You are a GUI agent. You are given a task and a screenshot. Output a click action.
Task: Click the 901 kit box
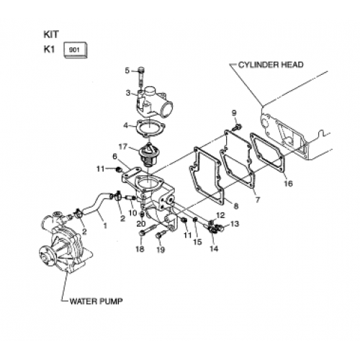75,50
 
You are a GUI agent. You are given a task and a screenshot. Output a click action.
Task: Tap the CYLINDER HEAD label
271,65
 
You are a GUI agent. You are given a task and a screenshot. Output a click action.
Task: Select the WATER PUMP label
96,301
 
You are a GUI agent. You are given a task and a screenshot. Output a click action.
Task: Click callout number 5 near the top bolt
127,71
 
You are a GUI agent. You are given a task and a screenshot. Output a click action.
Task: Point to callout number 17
122,146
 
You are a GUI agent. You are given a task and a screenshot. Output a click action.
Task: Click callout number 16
288,184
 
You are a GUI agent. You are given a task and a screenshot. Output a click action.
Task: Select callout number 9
234,112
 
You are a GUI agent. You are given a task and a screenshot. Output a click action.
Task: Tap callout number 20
141,224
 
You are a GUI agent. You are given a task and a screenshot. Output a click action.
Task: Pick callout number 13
235,224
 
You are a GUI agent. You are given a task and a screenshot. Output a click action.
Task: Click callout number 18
140,249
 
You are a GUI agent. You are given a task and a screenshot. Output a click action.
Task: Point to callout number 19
161,250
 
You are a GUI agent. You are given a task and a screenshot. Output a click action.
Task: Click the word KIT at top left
51,35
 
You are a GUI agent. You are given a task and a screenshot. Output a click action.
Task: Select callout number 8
236,206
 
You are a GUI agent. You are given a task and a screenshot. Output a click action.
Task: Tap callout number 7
258,199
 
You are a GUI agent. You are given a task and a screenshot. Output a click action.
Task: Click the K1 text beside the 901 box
50,50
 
